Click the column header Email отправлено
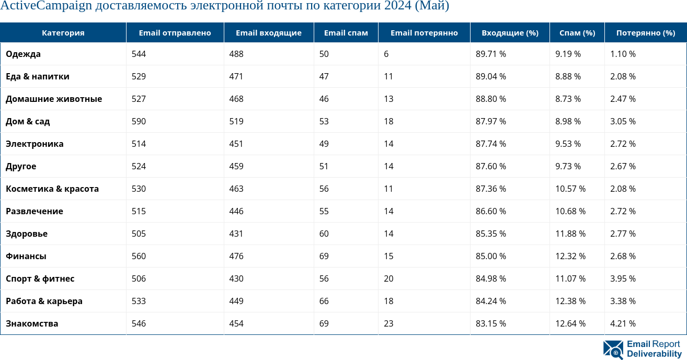coord(175,33)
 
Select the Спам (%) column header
coord(577,33)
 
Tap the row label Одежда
coord(23,54)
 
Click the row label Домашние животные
coord(54,99)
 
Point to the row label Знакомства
coord(32,323)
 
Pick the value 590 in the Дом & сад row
coord(139,121)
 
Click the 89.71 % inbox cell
coord(490,54)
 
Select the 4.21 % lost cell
coord(623,323)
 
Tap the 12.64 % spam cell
coord(570,323)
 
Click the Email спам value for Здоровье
coord(324,234)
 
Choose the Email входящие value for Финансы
coord(236,256)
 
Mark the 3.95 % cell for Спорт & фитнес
coord(623,278)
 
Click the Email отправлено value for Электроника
coord(139,144)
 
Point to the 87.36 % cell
coord(490,189)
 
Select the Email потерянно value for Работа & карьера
coord(388,301)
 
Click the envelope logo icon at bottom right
coord(613,350)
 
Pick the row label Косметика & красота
coord(52,189)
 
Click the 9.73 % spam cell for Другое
coord(568,166)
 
